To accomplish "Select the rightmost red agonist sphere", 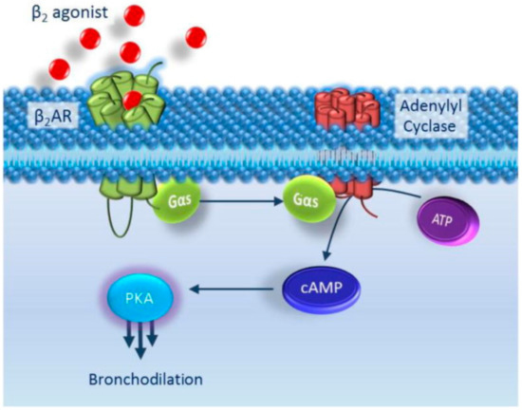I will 196,36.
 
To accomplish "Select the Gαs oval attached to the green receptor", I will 177,202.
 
